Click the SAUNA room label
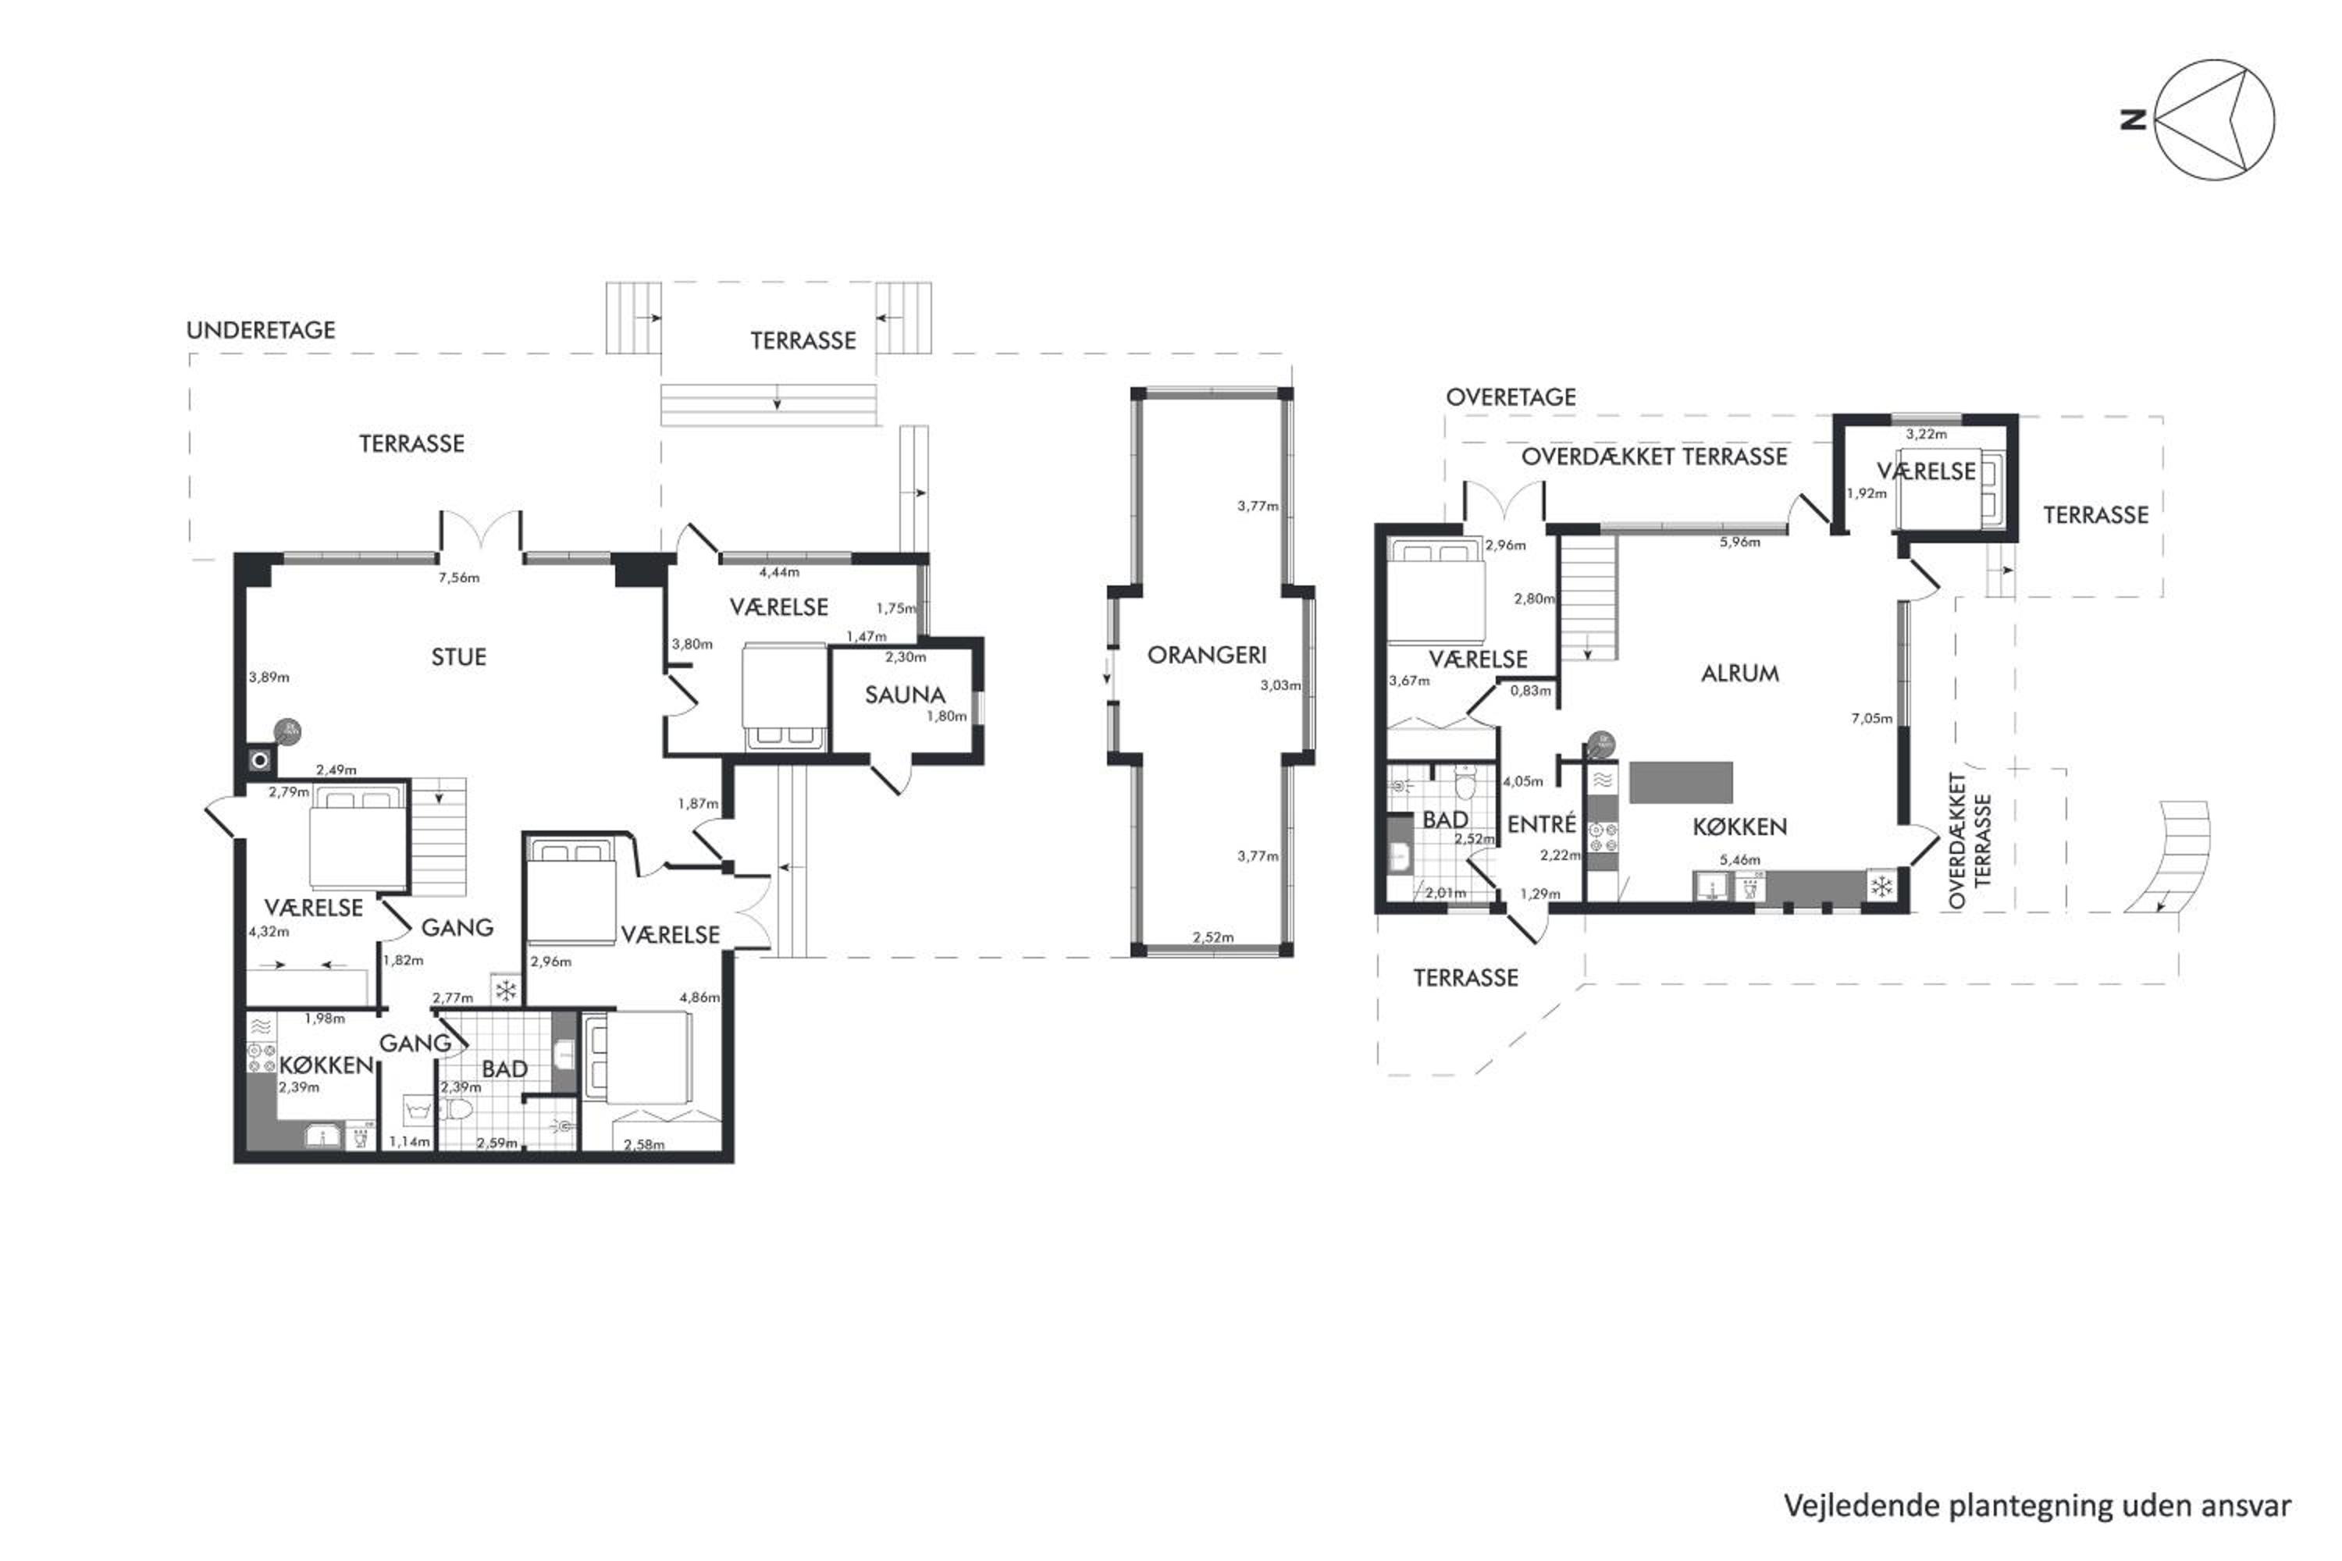click(904, 695)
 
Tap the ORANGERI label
click(1207, 655)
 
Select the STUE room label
click(459, 657)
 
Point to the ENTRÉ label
click(1541, 824)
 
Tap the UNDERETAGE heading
click(261, 330)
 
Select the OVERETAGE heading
click(1511, 397)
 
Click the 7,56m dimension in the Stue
click(459, 578)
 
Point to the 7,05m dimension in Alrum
click(1872, 718)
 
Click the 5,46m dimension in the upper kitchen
click(1739, 860)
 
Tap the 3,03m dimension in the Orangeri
click(1280, 685)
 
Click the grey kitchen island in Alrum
click(1681, 783)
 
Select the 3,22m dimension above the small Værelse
click(1927, 434)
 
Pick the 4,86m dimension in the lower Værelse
click(699, 997)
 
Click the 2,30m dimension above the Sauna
click(905, 657)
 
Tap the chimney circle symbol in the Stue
click(260, 760)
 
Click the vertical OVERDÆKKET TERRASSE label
click(1969, 841)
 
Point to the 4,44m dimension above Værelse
click(778, 572)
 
